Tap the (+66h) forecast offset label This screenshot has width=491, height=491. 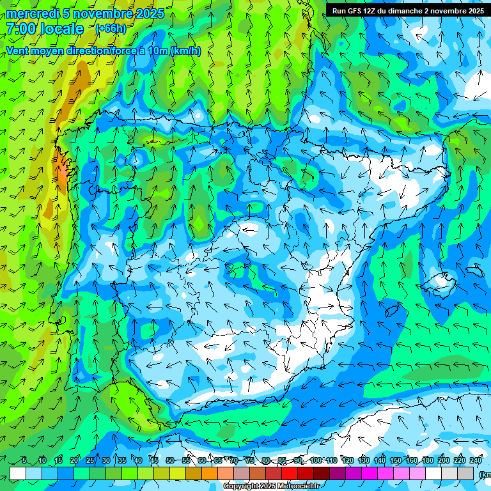[x=111, y=28]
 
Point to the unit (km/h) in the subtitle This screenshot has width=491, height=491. [x=186, y=51]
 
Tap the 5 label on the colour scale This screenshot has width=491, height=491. [x=24, y=461]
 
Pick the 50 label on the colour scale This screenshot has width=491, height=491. [x=169, y=461]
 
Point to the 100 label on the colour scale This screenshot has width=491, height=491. [x=316, y=461]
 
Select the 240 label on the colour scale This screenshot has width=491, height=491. [x=476, y=461]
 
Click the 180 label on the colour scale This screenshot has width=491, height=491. [x=428, y=461]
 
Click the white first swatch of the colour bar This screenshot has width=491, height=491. [x=18, y=473]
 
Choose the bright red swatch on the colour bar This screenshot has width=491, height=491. [x=290, y=473]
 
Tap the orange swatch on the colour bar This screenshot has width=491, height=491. [x=194, y=473]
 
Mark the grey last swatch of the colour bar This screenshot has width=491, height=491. [x=466, y=473]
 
